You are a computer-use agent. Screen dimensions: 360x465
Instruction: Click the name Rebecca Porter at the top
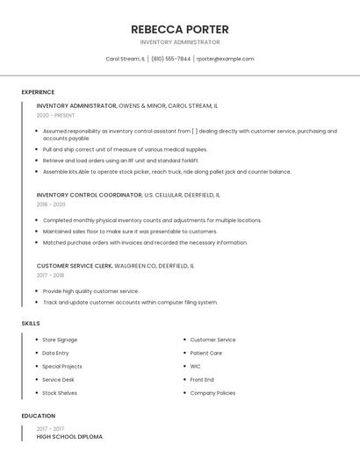coord(179,29)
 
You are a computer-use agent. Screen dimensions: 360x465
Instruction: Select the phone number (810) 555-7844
coord(170,59)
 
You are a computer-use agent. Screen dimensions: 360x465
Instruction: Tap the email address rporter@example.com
coord(225,59)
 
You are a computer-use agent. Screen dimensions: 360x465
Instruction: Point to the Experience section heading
coord(38,92)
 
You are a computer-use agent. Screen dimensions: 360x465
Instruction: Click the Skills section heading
coord(31,324)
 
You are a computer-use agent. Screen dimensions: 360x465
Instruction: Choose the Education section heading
coord(39,416)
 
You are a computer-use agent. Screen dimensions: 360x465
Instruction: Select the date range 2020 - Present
coord(55,115)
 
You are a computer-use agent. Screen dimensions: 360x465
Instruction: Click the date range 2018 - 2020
coord(51,204)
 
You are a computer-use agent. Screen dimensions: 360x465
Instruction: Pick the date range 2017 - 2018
coord(50,275)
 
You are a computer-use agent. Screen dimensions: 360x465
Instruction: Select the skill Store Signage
coord(60,340)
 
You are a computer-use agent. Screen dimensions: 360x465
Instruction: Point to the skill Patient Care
coord(205,353)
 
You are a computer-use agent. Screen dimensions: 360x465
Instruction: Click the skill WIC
coord(195,366)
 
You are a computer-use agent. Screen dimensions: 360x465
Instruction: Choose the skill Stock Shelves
coord(60,393)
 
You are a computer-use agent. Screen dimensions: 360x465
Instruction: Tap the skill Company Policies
coord(212,393)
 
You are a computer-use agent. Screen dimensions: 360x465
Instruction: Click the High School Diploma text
coord(69,436)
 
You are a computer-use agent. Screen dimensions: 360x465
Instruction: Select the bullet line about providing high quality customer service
coord(90,291)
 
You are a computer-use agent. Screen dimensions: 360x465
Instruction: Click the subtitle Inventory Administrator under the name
coord(179,42)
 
